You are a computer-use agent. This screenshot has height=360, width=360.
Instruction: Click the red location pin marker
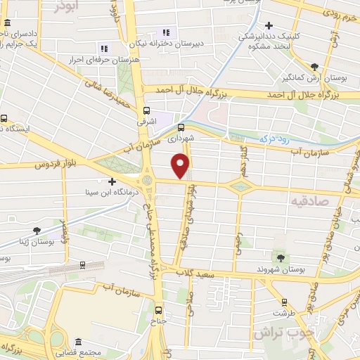[181, 166]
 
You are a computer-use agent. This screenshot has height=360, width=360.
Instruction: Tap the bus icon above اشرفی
[146, 110]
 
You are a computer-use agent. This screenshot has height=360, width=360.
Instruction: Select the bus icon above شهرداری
[181, 127]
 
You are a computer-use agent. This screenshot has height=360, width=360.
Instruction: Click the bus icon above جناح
[157, 309]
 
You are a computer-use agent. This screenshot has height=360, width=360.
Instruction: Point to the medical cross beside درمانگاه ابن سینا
[112, 181]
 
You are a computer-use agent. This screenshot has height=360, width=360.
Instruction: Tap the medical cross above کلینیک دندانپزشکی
[269, 25]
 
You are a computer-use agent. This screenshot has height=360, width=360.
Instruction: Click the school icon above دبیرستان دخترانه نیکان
[167, 32]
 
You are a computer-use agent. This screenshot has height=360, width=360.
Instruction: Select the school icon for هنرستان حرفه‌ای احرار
[104, 48]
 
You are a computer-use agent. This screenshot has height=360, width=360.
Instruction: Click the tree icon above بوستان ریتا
[35, 230]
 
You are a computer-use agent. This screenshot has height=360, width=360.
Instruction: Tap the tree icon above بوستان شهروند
[283, 258]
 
